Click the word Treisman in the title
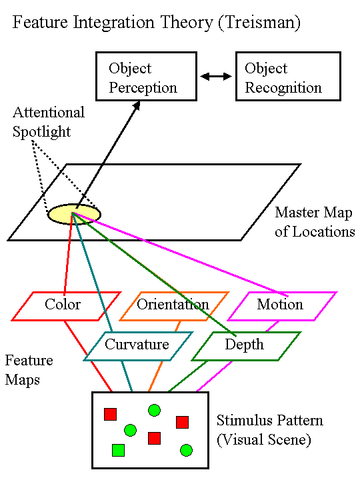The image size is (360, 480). click(261, 23)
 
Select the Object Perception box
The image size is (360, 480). click(143, 77)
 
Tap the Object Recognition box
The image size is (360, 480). click(283, 77)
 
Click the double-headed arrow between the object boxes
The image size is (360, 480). click(215, 77)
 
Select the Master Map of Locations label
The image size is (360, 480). click(315, 223)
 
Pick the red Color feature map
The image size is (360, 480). click(63, 305)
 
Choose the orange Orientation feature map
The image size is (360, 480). click(173, 305)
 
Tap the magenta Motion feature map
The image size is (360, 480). click(280, 305)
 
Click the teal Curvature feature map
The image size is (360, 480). click(137, 345)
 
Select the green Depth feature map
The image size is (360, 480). click(244, 345)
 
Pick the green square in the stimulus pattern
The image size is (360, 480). click(119, 451)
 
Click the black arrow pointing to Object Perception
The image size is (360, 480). click(107, 153)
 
